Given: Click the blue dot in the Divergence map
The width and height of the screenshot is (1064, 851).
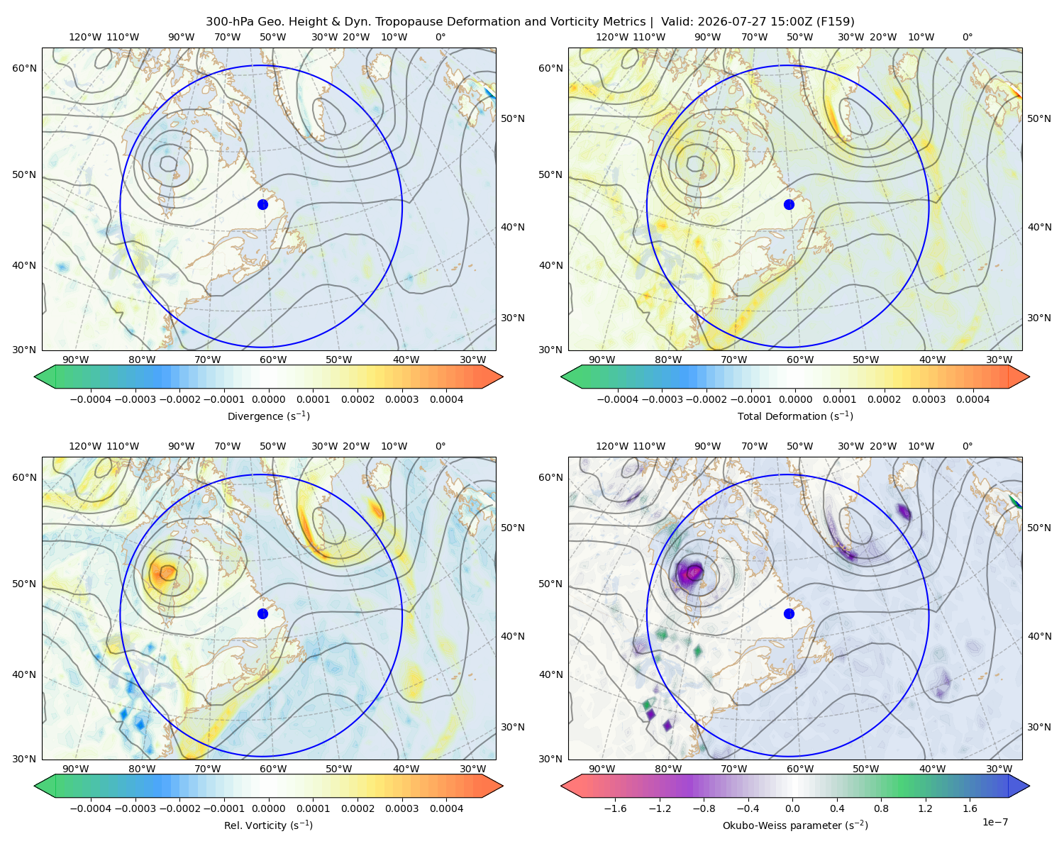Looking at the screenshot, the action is coord(262,204).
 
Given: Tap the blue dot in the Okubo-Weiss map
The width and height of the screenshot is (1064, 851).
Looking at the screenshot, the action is coord(789,613).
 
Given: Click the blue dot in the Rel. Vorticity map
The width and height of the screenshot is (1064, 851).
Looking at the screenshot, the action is coord(262,613).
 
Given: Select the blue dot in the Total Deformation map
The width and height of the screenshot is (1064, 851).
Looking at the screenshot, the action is coord(789,204).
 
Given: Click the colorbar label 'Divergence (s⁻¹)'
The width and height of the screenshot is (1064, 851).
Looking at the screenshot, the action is coord(268,416).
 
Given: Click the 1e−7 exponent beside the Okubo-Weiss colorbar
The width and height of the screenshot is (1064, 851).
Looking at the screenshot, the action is coord(994,822).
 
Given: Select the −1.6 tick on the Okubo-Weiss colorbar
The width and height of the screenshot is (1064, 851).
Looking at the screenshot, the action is coord(615,808).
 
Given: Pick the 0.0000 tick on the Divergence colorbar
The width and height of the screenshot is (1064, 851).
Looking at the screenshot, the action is coord(268,399).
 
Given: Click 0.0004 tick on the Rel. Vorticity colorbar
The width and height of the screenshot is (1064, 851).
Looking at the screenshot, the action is coord(446,808).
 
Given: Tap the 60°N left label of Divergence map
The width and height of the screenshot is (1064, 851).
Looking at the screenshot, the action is coord(24,68).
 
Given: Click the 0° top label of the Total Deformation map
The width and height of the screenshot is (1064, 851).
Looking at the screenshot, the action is coord(967,37).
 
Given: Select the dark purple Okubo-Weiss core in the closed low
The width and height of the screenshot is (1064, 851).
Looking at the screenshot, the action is coord(690,574).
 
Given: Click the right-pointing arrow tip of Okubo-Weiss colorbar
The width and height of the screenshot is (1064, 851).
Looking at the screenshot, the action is coord(1029,786).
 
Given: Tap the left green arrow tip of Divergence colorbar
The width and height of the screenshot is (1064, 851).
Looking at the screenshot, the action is coord(35,377).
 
